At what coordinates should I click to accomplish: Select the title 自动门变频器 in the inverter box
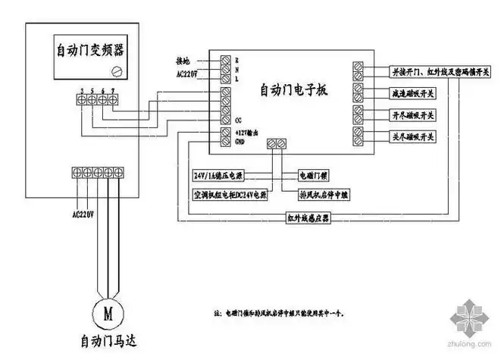[x=90, y=51]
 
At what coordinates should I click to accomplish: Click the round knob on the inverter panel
[x=117, y=71]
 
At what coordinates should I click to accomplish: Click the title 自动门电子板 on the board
[x=293, y=90]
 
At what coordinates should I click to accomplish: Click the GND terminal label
[x=240, y=140]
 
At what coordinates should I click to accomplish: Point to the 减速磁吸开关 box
[x=412, y=92]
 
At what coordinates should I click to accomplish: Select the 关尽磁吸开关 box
[x=412, y=136]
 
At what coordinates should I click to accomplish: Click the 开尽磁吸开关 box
[x=412, y=115]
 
